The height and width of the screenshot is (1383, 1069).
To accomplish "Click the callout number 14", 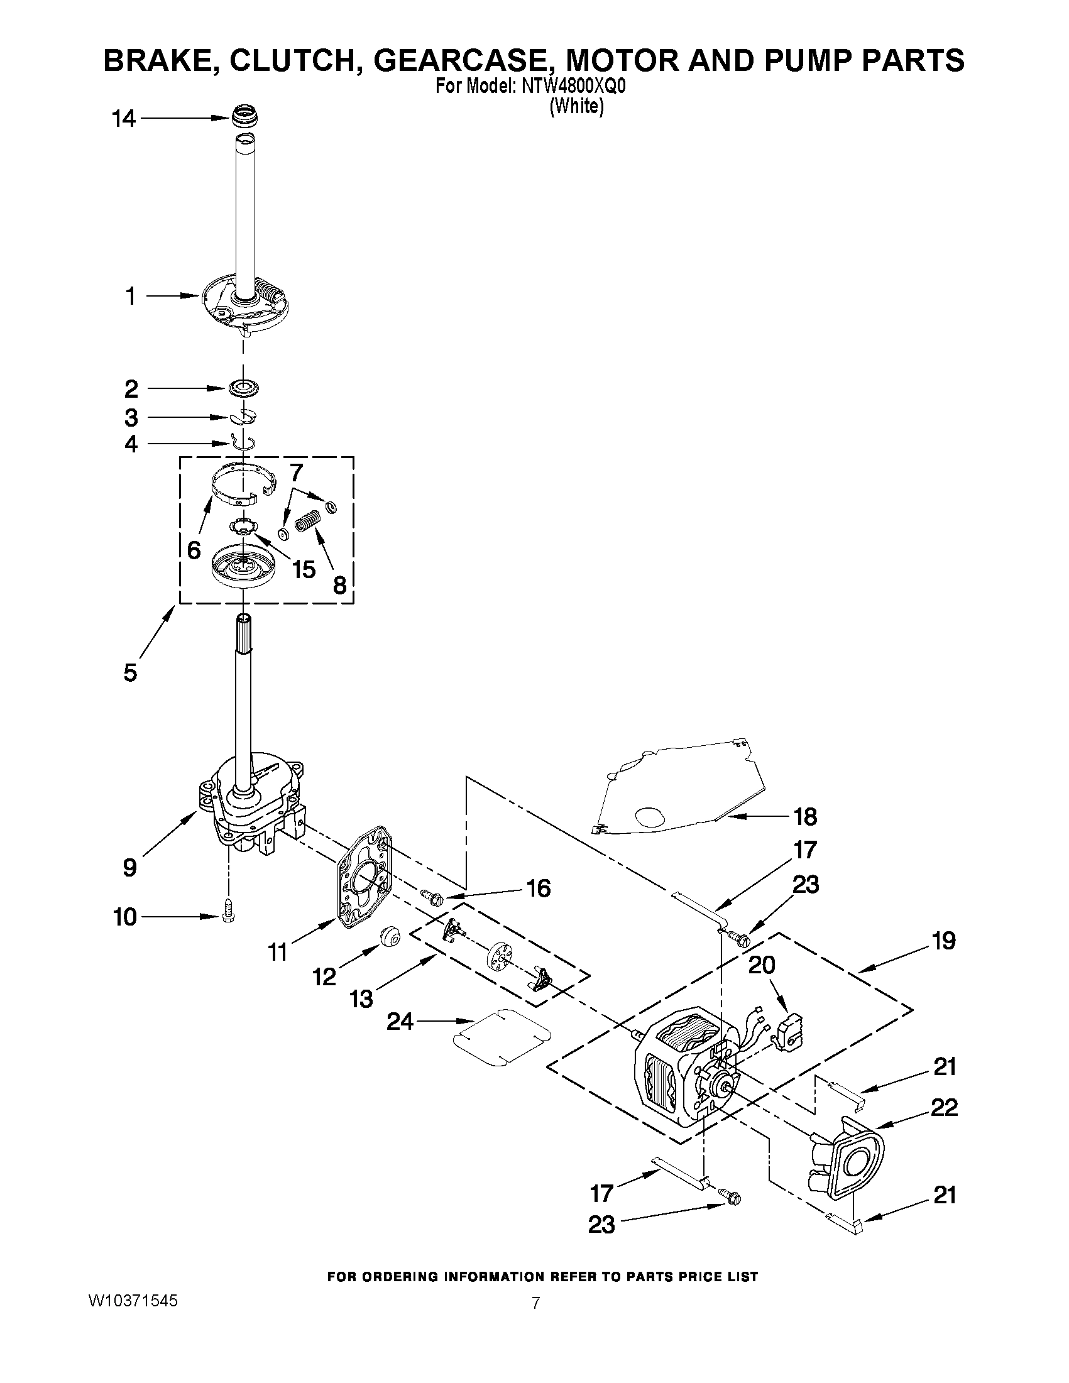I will [124, 118].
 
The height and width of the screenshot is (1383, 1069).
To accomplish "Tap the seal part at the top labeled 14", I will [246, 118].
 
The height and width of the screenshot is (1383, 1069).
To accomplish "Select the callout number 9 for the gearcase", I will [129, 867].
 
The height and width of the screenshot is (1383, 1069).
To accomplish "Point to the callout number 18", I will [805, 817].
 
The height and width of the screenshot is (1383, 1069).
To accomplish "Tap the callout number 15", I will [304, 569].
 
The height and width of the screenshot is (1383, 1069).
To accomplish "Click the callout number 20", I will [761, 965].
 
